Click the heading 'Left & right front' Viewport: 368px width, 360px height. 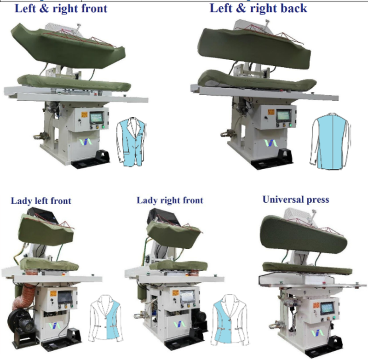pos(61,9)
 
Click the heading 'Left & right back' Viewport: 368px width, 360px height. pos(258,8)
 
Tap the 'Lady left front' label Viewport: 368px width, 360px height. pos(41,201)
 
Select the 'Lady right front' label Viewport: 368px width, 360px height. pos(170,200)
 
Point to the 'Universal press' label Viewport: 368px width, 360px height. pos(296,200)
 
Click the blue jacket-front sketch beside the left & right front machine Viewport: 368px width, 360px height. pos(132,142)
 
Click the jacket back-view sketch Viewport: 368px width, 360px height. pos(330,141)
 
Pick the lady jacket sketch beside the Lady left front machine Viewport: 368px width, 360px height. pos(106,318)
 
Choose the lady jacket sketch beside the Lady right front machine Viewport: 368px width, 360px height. pos(230,320)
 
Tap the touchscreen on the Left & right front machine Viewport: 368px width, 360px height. pos(97,118)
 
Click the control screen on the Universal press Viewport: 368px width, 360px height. pos(327,309)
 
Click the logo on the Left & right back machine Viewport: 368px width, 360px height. pos(271,143)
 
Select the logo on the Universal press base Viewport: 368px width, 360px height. pos(318,333)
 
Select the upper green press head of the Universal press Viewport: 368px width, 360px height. pos(303,235)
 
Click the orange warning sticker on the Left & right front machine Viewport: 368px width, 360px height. pos(84,115)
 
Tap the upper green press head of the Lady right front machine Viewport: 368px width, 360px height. pos(174,235)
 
